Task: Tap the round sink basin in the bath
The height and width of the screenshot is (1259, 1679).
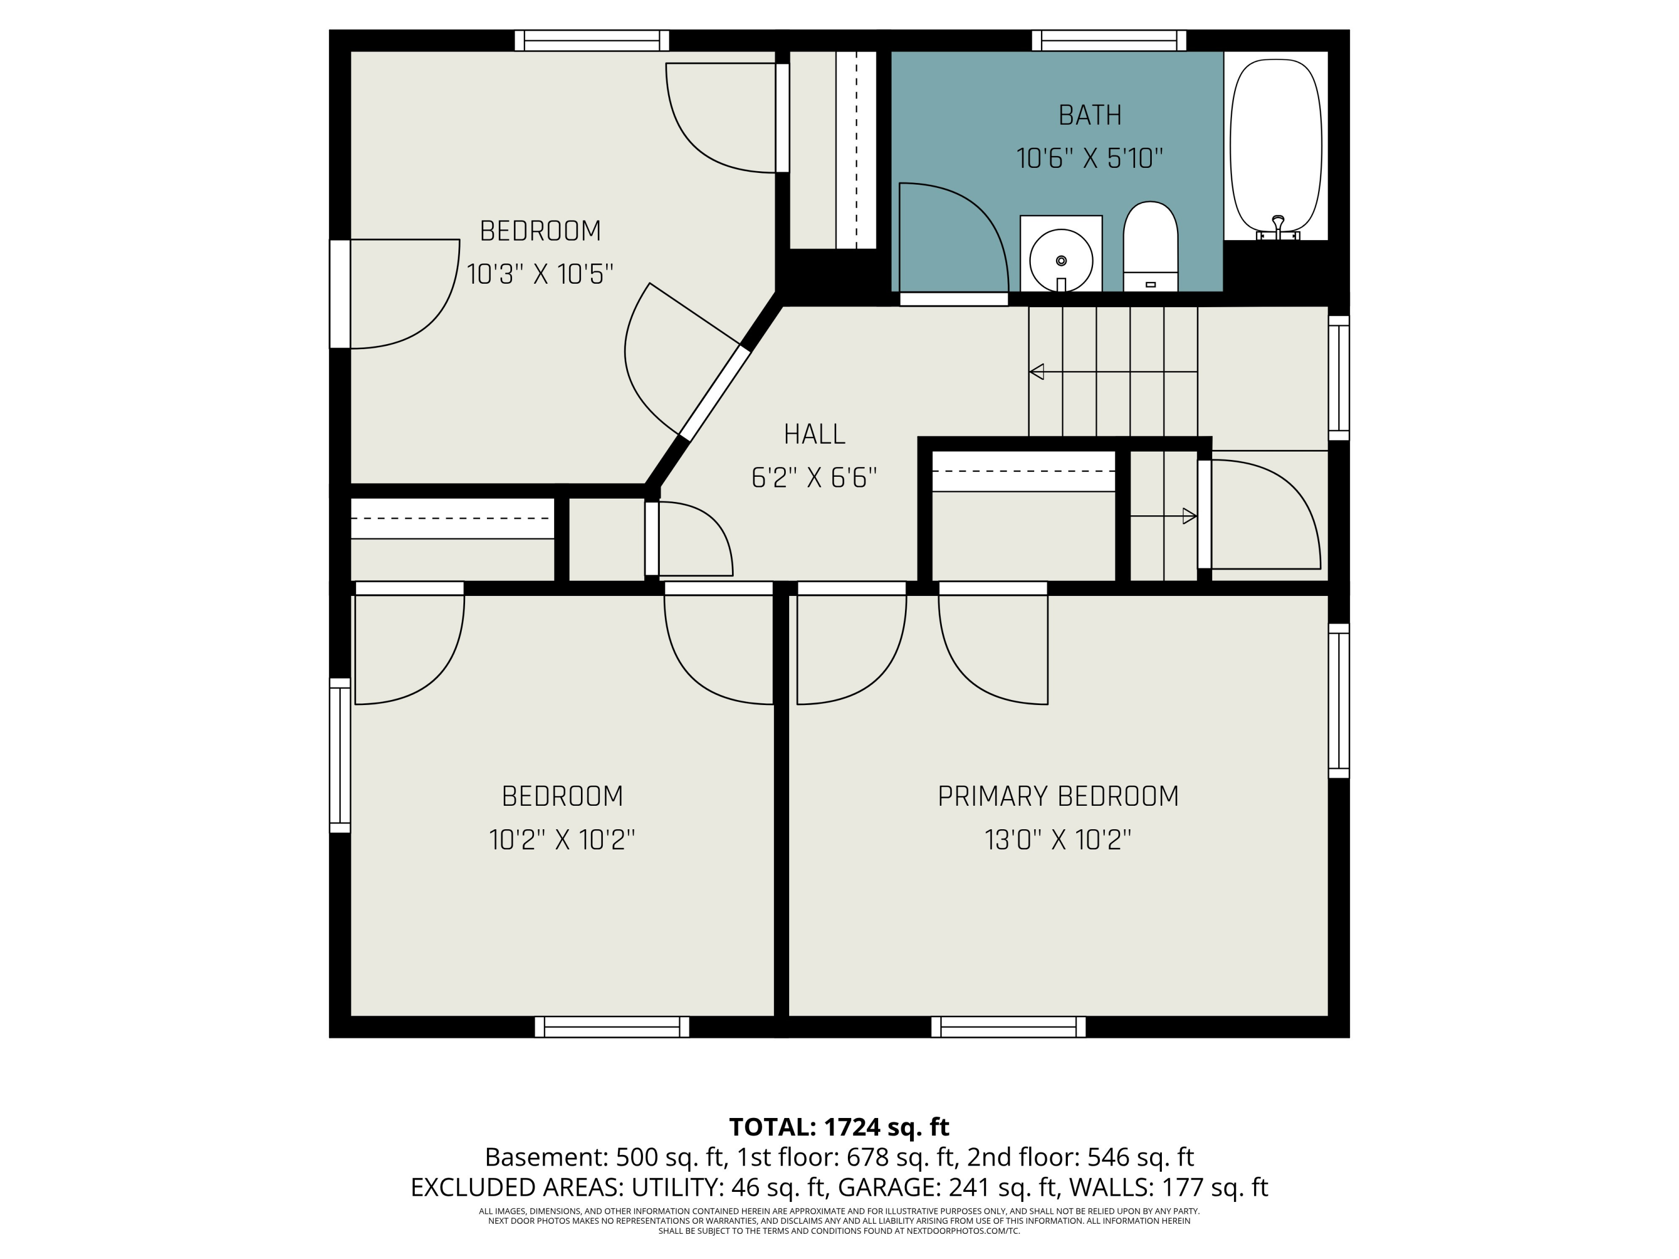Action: coord(1061,260)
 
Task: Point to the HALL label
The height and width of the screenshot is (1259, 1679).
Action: coord(814,434)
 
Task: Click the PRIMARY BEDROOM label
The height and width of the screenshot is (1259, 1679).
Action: coord(1058,796)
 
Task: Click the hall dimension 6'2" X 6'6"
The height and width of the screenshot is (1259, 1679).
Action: coord(814,478)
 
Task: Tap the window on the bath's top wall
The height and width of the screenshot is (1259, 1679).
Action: coord(1109,40)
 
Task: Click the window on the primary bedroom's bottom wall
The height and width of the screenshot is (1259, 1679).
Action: coord(1008,1027)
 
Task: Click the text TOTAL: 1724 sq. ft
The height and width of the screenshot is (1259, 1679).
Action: coord(839,1127)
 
